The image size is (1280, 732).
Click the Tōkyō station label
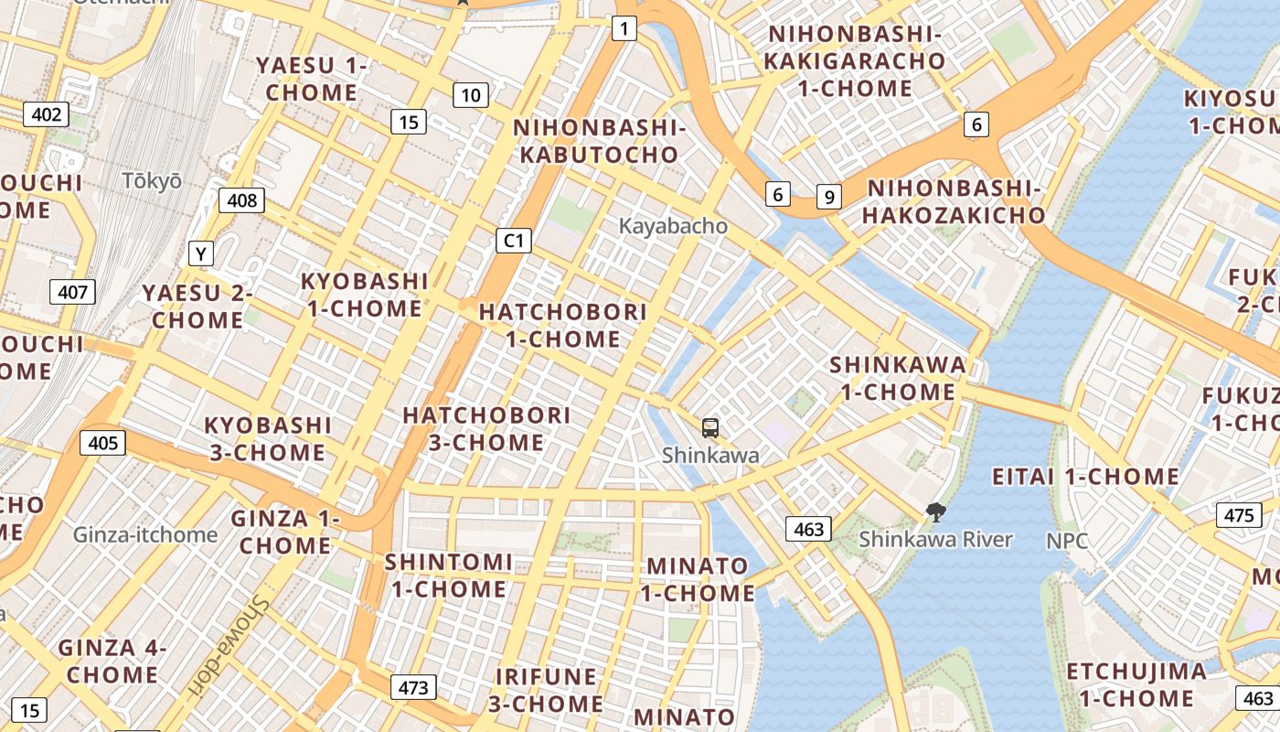[152, 181]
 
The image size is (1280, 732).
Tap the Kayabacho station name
[673, 226]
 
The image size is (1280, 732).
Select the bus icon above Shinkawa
[710, 427]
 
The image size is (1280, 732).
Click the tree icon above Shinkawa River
[935, 512]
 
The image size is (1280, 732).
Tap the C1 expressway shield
[514, 241]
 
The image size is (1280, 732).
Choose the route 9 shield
[828, 197]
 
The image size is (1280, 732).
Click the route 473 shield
[413, 687]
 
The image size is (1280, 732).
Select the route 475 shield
[1239, 515]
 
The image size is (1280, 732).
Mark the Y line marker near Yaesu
[200, 253]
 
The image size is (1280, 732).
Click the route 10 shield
[470, 95]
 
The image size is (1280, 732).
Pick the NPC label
[1067, 541]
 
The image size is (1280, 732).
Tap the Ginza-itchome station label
[145, 534]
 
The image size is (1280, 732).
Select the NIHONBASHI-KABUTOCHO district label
[600, 141]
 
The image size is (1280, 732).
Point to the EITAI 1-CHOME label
[1085, 477]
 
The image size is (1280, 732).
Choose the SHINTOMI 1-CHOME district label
[448, 576]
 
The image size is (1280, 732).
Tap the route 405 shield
[102, 444]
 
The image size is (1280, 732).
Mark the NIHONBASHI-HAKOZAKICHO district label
[955, 202]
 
